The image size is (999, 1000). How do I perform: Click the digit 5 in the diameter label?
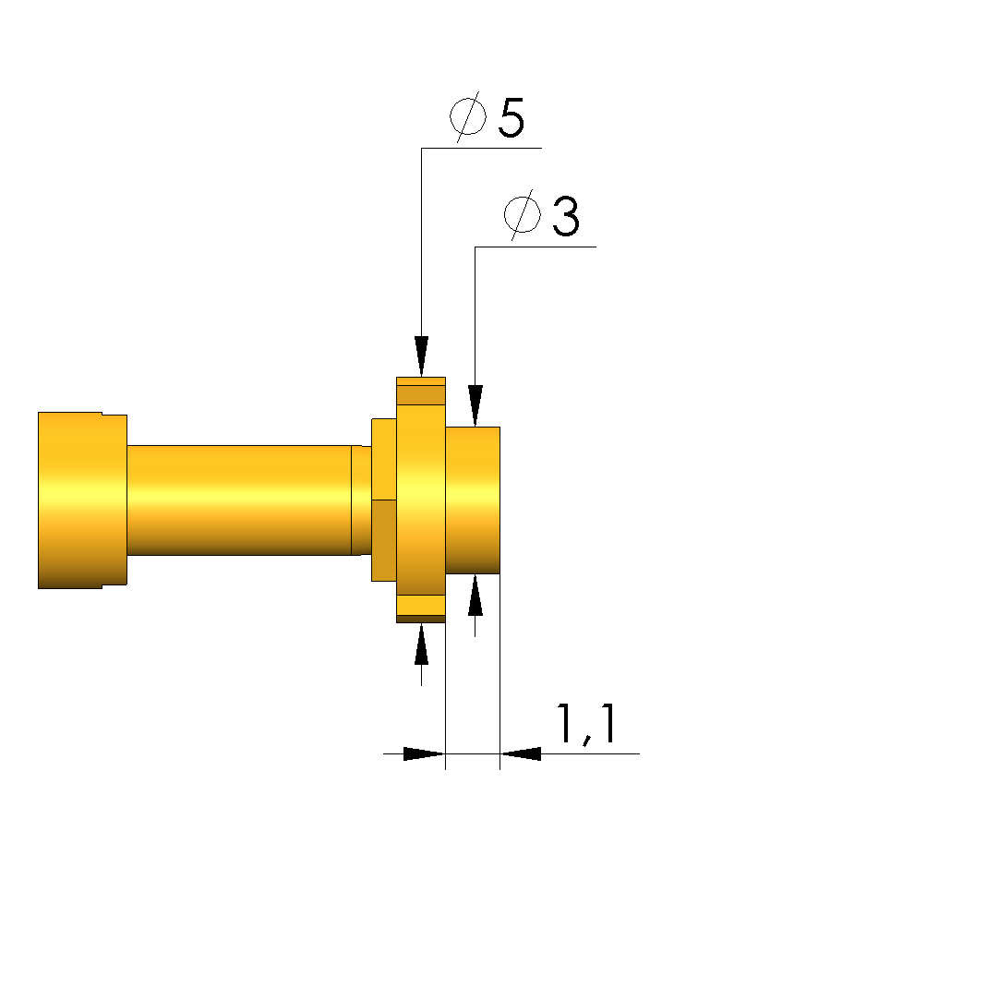(512, 117)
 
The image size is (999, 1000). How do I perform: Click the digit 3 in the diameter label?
(566, 216)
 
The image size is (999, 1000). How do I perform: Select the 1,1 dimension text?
(586, 724)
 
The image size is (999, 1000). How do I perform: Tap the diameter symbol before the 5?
(468, 116)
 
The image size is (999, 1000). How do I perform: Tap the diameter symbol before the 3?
(523, 215)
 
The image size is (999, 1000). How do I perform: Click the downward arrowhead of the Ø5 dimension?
(421, 356)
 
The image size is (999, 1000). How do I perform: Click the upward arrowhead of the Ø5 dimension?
(421, 645)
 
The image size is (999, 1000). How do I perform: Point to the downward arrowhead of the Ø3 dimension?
(475, 405)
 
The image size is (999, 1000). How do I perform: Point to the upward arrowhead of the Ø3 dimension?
(475, 595)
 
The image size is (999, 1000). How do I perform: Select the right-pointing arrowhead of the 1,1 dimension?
(424, 753)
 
